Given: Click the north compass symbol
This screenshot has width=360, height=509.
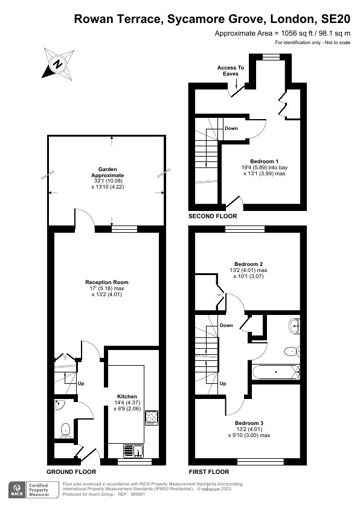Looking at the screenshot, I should pos(57,63).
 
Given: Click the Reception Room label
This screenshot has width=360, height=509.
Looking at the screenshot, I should pos(106,282).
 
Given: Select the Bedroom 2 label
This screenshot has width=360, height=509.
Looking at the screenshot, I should pos(248,264).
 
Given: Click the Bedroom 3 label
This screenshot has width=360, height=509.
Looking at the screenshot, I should pos(248,422).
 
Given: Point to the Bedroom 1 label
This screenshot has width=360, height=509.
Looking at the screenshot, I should pos(265,161).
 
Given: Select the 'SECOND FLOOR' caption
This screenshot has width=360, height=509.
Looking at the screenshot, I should pos(212,216).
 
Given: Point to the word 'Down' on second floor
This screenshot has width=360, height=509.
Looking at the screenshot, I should pos(231,128).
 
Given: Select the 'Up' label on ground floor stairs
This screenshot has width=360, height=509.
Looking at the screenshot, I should pos(80,383).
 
